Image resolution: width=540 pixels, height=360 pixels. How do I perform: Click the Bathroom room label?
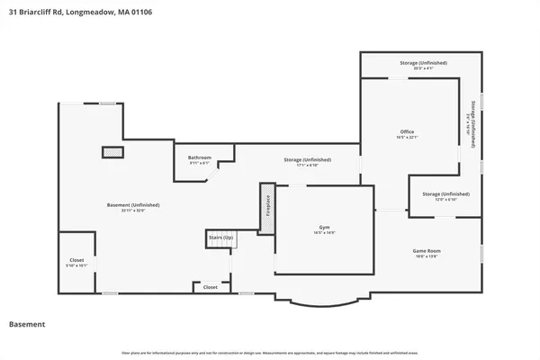(x=200, y=157)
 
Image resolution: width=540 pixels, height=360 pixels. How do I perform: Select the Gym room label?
(x=323, y=229)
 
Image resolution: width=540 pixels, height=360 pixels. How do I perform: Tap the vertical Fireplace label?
(x=266, y=207)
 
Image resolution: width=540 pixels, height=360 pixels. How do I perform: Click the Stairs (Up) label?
(x=220, y=238)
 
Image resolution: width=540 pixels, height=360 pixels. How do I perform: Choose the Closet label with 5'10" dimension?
(x=76, y=262)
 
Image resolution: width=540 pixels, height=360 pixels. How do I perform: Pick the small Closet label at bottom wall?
(x=210, y=287)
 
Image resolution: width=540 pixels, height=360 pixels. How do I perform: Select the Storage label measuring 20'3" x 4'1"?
(x=423, y=63)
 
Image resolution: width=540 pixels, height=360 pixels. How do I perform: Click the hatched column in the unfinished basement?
(x=112, y=153)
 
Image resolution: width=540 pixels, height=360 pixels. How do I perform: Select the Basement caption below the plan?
(x=26, y=324)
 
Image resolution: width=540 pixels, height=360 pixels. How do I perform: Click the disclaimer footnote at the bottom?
(x=270, y=351)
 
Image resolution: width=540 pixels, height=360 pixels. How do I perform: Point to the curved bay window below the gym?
(x=322, y=298)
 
